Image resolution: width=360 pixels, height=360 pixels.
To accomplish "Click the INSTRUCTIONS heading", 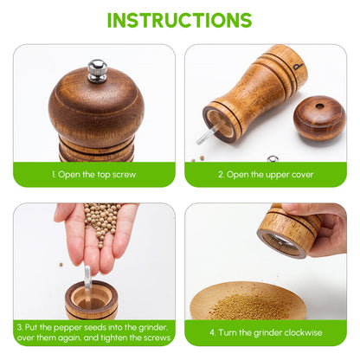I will tap(179, 19).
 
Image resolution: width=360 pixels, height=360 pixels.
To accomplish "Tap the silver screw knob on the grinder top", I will tap(98, 70).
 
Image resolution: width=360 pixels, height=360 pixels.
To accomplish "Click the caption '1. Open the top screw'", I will tap(93, 174).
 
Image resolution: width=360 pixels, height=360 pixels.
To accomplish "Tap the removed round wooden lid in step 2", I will tap(318, 119).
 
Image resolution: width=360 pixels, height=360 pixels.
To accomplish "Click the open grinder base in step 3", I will tap(90, 301).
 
